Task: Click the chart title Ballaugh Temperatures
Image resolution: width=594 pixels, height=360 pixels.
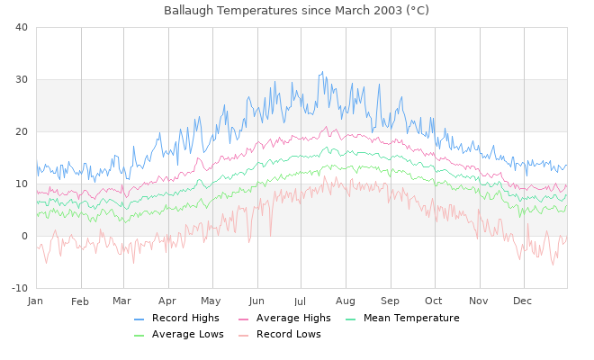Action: [x=296, y=10]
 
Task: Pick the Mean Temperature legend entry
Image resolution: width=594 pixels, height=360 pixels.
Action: [x=411, y=319]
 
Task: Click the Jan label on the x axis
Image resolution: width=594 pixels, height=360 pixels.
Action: [x=36, y=301]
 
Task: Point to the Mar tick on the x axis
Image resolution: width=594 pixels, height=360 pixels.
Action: [x=122, y=301]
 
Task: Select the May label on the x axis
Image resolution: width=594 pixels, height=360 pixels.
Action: [x=211, y=301]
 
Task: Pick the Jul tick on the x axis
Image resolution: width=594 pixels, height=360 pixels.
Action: [x=301, y=301]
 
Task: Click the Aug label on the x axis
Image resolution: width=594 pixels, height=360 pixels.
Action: [x=346, y=301]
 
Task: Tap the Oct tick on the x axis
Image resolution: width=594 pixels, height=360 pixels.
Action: [x=434, y=301]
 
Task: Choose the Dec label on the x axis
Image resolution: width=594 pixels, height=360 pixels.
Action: [x=524, y=301]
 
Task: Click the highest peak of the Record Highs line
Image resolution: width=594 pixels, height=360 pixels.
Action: [x=321, y=72]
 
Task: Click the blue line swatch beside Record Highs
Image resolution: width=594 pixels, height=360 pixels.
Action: [x=139, y=319]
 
